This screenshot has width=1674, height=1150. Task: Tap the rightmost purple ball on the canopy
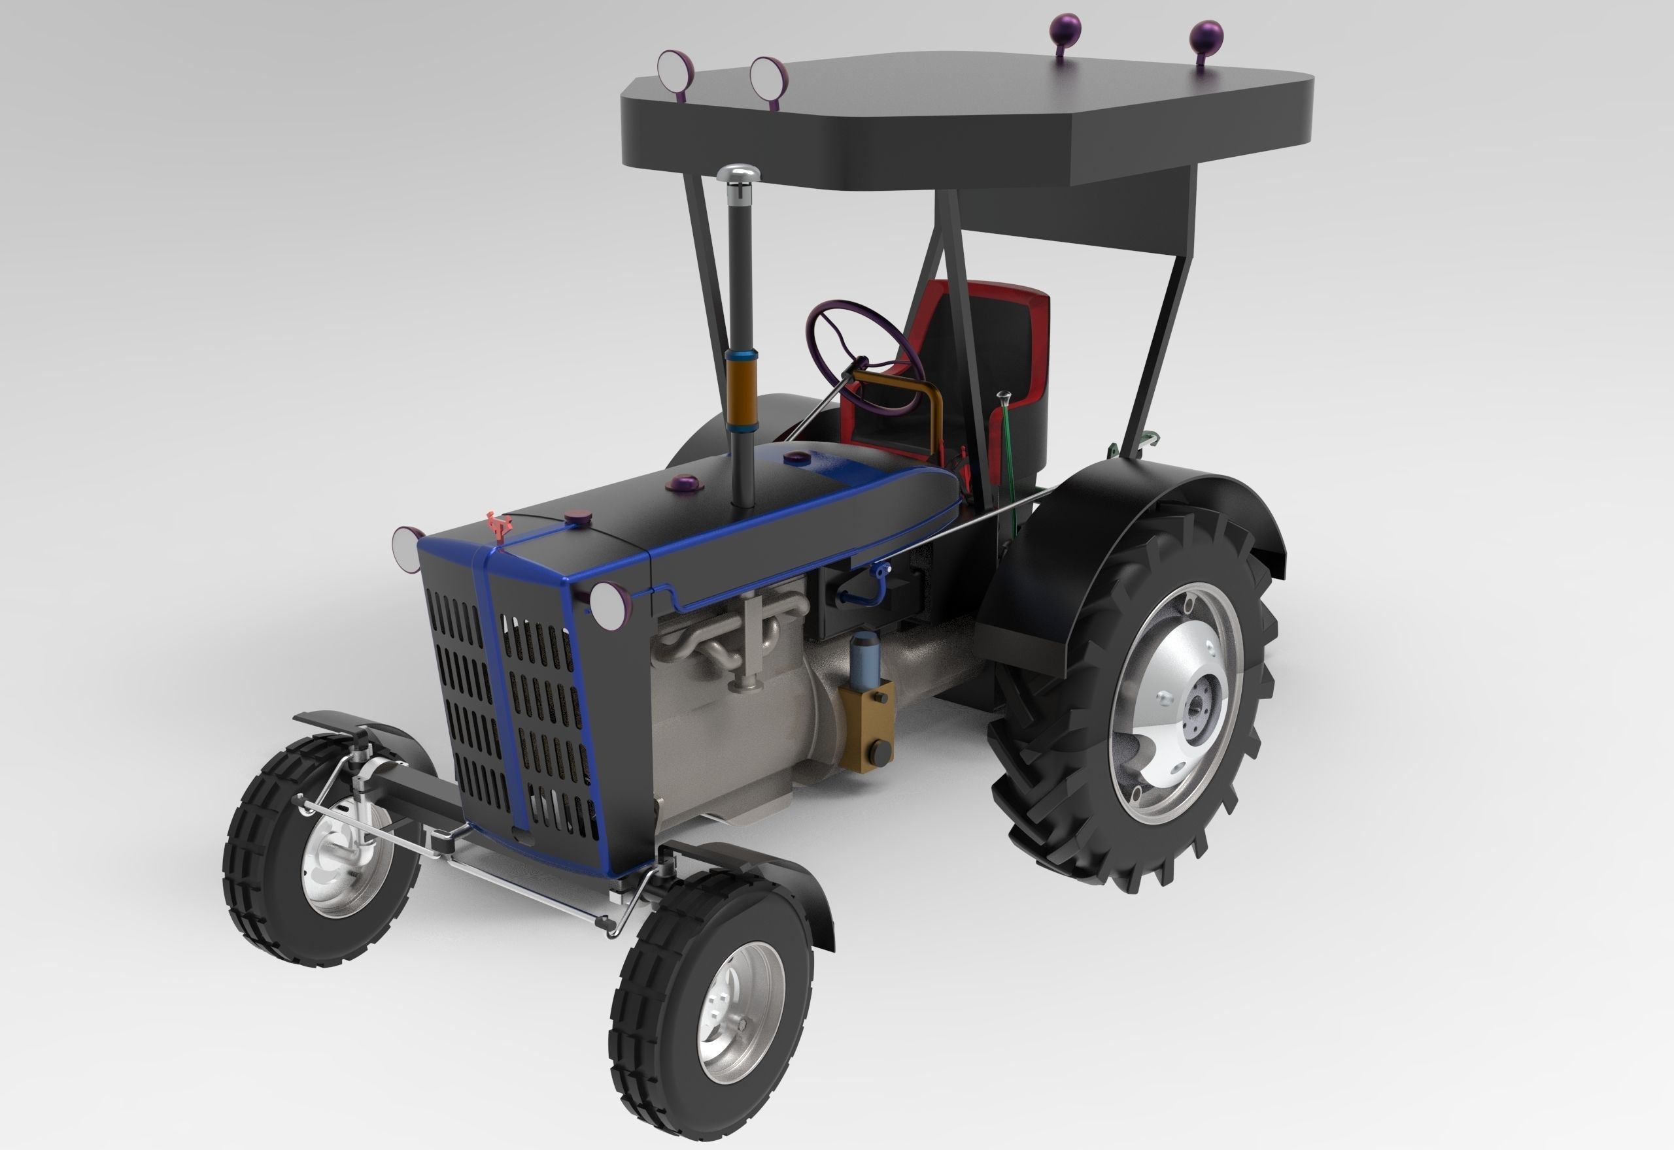tap(1206, 36)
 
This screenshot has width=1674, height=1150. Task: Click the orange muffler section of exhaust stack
tap(740, 391)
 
